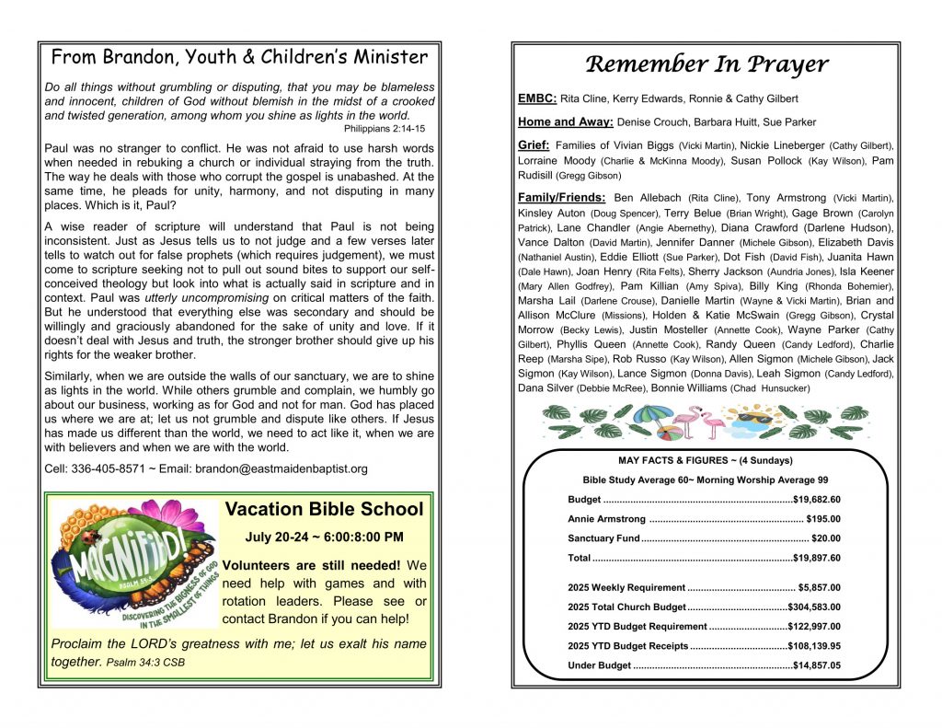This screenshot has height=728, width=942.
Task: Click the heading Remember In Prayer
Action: pyautogui.click(x=706, y=64)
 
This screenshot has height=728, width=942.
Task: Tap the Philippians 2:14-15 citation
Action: pyautogui.click(x=385, y=128)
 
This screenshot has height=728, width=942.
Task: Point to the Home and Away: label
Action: pyautogui.click(x=565, y=121)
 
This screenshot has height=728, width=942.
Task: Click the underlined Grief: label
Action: pyautogui.click(x=534, y=145)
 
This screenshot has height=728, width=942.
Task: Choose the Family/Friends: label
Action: pyautogui.click(x=562, y=198)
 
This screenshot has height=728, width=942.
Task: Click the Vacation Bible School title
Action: pyautogui.click(x=324, y=509)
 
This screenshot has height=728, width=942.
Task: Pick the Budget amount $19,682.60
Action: pyautogui.click(x=816, y=499)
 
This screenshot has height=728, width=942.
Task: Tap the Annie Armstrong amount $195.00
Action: pyautogui.click(x=822, y=519)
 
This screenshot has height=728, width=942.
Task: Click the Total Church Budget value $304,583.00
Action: pyautogui.click(x=814, y=607)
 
